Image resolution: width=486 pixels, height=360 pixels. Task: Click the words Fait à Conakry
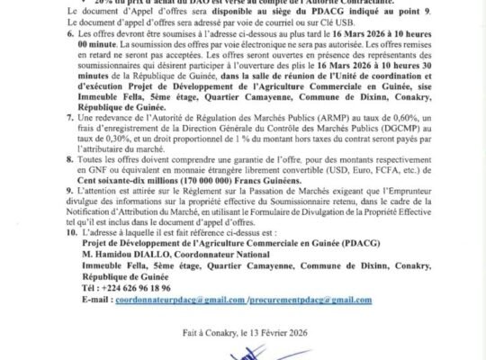(x=213, y=332)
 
